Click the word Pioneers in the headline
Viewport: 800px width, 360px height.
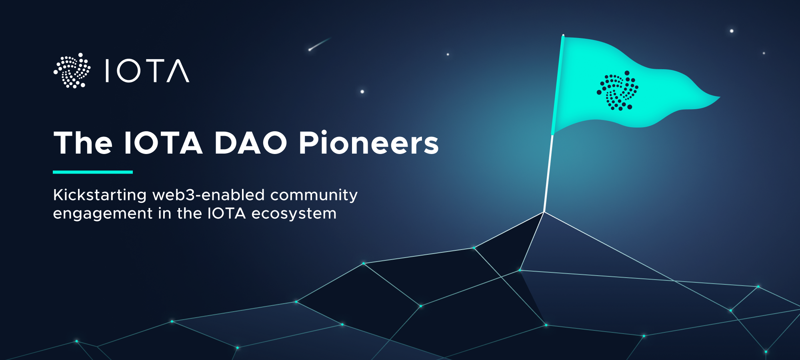pos(368,143)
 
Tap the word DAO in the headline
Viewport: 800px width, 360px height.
pos(250,143)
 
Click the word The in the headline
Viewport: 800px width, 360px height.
pos(83,143)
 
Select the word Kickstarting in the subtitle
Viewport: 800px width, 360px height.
pos(100,195)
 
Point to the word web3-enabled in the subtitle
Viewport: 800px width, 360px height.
pos(208,195)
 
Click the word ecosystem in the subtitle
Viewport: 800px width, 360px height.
pos(294,214)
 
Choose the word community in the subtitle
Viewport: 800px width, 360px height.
pos(314,195)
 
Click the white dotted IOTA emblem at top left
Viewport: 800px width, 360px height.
pos(72,71)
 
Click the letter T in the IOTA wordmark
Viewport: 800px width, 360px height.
pos(154,71)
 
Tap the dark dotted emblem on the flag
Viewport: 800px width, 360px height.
pos(617,91)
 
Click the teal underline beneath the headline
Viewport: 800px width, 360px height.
pos(93,172)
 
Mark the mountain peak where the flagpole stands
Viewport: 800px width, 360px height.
pos(544,212)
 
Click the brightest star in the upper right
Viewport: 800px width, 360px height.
pos(732,31)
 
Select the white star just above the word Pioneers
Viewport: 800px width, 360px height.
pos(362,92)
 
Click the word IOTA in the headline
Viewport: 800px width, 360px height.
pos(163,143)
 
